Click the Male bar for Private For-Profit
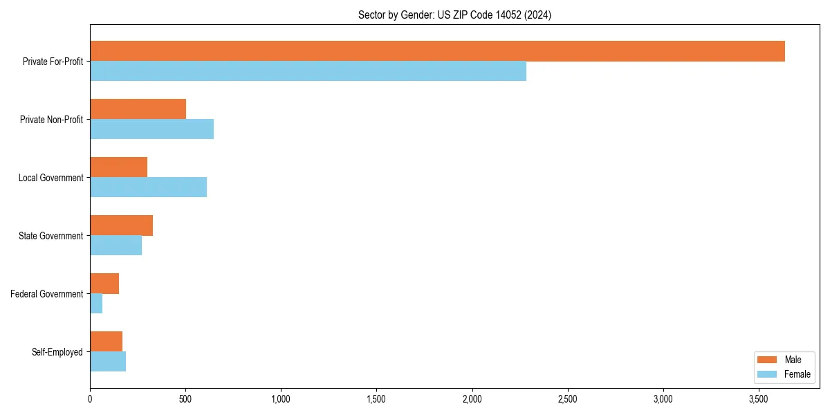pyautogui.click(x=437, y=51)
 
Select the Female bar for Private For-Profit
pyautogui.click(x=308, y=71)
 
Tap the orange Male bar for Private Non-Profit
pyautogui.click(x=138, y=109)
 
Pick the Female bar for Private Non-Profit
pyautogui.click(x=151, y=129)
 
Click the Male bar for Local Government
pyautogui.click(x=118, y=167)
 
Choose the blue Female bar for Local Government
pyautogui.click(x=148, y=187)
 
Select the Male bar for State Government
pyautogui.click(x=121, y=225)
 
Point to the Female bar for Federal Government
pyautogui.click(x=96, y=304)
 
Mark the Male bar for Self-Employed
pyautogui.click(x=106, y=342)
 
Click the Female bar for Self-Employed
pyautogui.click(x=108, y=362)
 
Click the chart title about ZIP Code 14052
pyautogui.click(x=454, y=15)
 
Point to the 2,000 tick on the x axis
pyautogui.click(x=472, y=399)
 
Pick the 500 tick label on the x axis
pyautogui.click(x=185, y=399)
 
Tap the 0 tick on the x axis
pyautogui.click(x=90, y=399)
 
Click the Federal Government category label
pyautogui.click(x=47, y=294)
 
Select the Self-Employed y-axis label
pyautogui.click(x=57, y=352)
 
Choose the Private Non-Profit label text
pyautogui.click(x=51, y=120)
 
